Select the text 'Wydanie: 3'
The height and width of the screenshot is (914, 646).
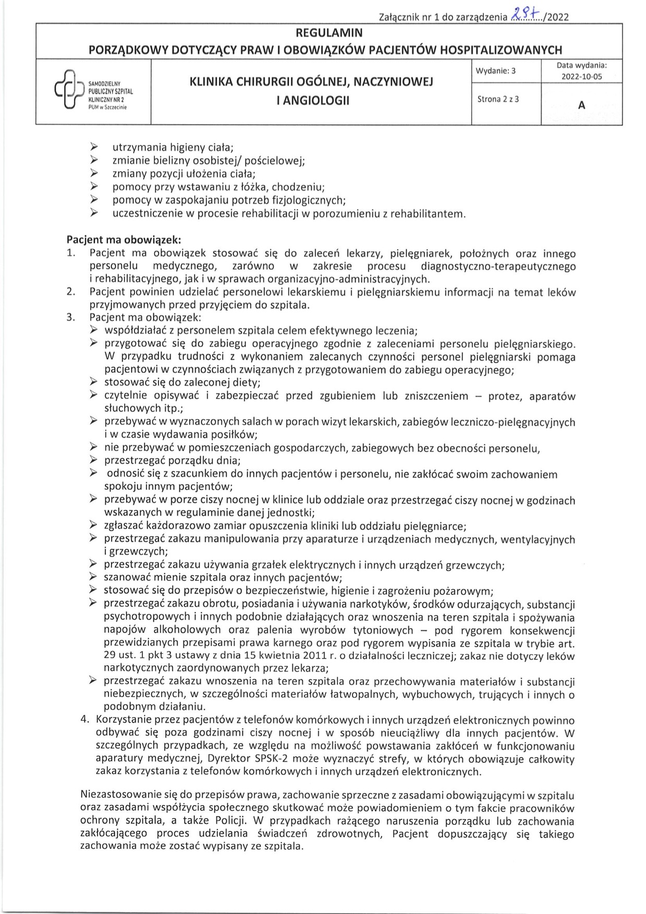point(495,71)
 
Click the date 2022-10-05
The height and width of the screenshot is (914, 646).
point(581,76)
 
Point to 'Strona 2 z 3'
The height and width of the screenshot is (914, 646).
point(498,99)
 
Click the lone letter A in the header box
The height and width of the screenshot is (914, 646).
point(581,105)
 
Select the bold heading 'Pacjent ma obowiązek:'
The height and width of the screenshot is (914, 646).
point(124,240)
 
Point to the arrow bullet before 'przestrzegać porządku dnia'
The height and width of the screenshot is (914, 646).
point(93,460)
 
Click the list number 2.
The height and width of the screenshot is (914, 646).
point(71,292)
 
